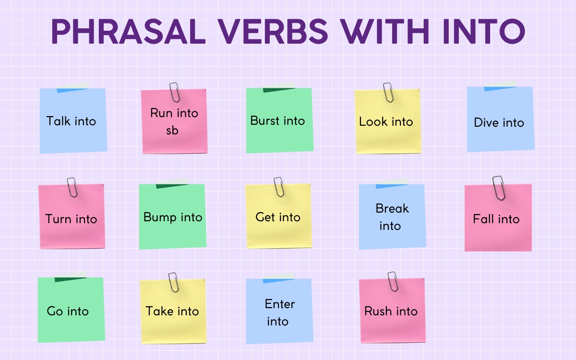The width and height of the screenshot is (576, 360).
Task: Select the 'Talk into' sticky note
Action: point(73,121)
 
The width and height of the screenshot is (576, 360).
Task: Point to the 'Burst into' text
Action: point(277,120)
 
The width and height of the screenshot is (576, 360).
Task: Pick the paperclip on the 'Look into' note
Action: point(388,92)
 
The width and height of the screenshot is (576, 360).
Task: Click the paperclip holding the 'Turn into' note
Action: point(72,186)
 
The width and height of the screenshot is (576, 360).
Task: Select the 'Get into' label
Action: point(278,217)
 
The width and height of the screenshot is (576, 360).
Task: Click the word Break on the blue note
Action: point(392,209)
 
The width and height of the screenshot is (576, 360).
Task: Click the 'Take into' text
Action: point(172,311)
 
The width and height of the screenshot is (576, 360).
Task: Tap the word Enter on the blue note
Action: point(280,304)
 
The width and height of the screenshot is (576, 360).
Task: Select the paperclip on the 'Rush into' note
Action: point(393,281)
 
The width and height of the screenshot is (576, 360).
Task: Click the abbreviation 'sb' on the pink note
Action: point(172,130)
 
